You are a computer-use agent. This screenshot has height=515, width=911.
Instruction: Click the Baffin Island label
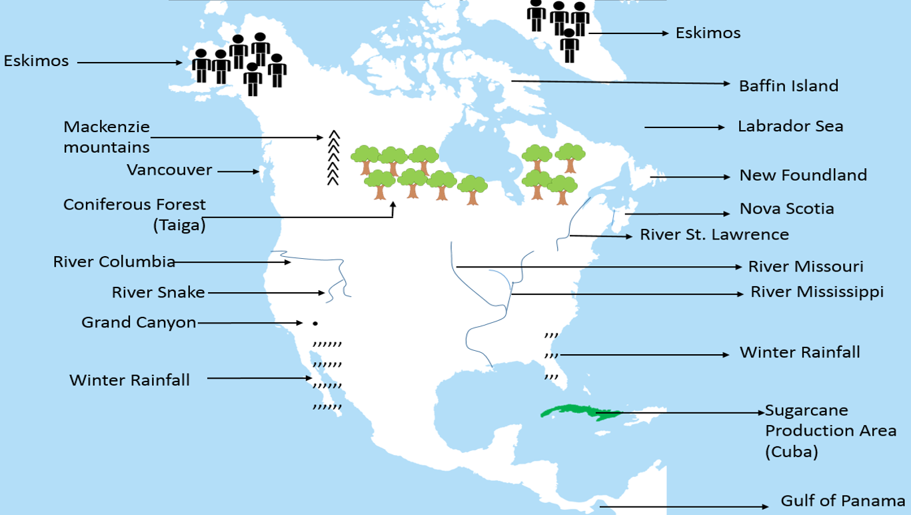click(x=788, y=86)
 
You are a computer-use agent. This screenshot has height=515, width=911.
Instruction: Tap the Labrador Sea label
click(x=790, y=126)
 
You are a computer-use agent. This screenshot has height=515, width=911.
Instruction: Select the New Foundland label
click(x=803, y=175)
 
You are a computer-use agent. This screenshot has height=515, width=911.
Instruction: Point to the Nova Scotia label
click(x=786, y=209)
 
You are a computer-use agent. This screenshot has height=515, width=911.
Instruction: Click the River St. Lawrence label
click(x=714, y=235)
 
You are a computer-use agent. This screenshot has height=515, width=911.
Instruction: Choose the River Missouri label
click(x=805, y=267)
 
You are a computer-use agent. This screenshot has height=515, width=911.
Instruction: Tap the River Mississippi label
click(x=816, y=292)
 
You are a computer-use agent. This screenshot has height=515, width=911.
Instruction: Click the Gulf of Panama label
click(x=842, y=501)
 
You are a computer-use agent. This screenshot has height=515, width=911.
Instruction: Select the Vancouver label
click(x=169, y=170)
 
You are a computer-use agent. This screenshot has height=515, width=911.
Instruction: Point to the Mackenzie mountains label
click(x=107, y=136)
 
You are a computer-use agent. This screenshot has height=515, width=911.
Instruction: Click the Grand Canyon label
click(x=139, y=323)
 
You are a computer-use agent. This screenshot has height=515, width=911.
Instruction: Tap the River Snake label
click(x=158, y=292)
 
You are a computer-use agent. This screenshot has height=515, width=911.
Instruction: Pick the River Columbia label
click(x=114, y=262)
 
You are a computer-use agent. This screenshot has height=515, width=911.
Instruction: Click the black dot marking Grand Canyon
click(x=315, y=324)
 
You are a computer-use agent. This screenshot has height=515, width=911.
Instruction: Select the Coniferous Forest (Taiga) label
click(x=135, y=214)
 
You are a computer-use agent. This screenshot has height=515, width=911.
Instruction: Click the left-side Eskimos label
click(x=36, y=61)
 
